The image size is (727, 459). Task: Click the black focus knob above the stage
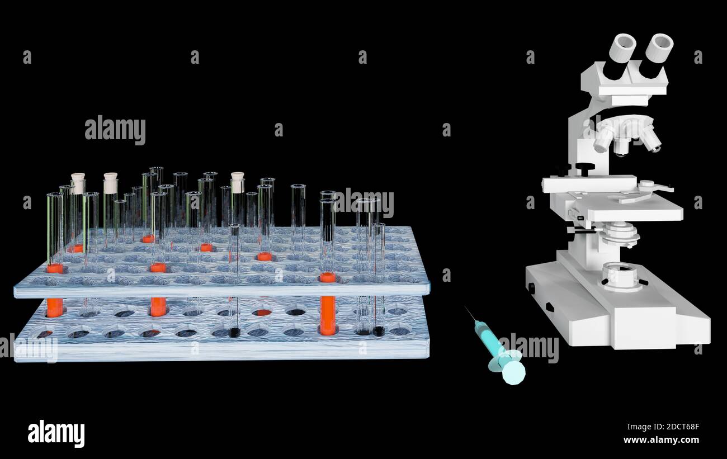coord(585,168)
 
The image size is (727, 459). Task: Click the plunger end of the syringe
coord(513,372)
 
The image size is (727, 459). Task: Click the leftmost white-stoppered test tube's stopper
coord(78,183)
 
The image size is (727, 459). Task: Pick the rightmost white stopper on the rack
coord(238,182)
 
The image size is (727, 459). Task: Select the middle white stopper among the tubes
coord(110,183)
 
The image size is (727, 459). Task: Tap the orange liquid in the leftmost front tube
coord(54,306)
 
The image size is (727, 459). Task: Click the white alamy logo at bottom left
coord(56,433)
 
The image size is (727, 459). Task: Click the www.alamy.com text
coord(661,440)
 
